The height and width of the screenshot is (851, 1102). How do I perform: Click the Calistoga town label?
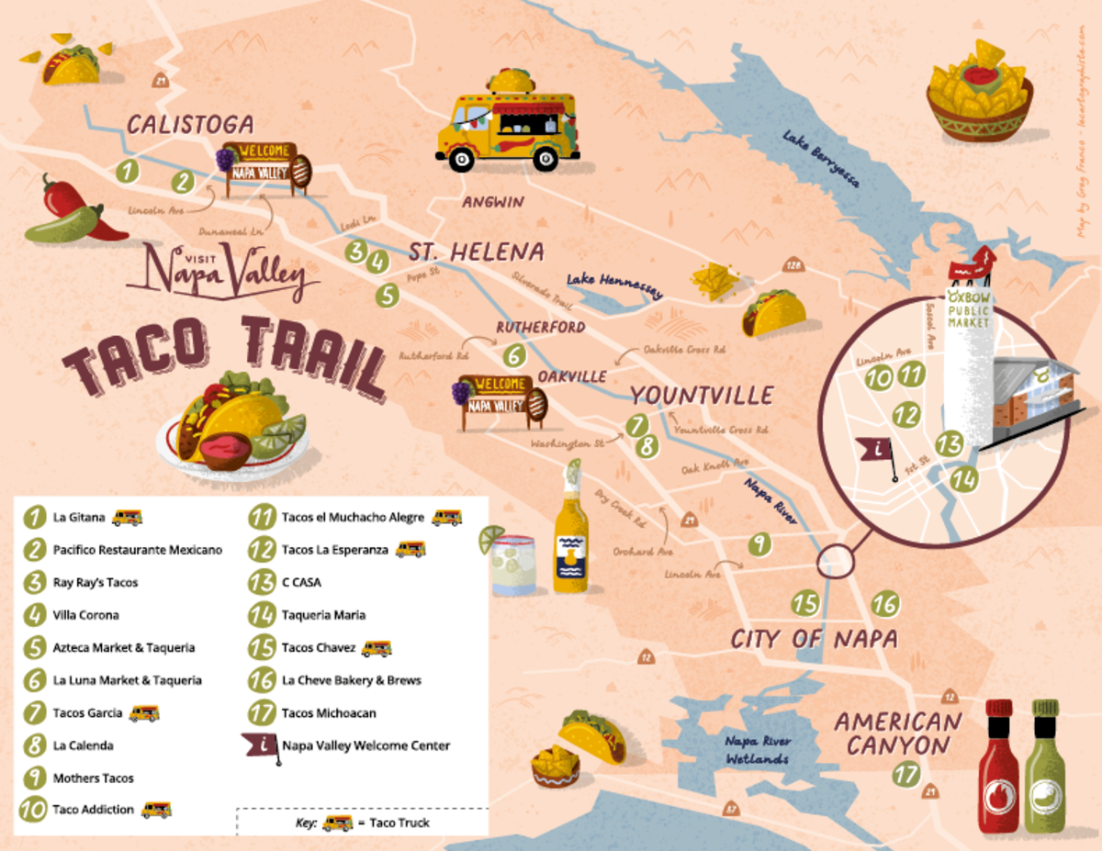point(189,125)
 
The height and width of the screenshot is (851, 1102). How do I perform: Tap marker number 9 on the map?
point(759,544)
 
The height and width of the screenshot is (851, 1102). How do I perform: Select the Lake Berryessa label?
point(821,158)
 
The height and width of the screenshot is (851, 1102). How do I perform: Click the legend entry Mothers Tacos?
point(93,778)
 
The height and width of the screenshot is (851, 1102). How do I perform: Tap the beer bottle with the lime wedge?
point(570,532)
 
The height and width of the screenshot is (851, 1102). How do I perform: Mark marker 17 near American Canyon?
point(906,774)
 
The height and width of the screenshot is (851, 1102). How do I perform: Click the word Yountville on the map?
point(702,396)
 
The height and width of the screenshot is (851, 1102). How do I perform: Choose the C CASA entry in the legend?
point(301,582)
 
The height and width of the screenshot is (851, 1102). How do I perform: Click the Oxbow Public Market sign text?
point(968,311)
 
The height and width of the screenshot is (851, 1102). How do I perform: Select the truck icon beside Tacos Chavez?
point(377,648)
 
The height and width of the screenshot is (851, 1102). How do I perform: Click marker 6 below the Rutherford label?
point(513,354)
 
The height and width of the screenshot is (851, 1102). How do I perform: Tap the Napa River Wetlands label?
point(758,750)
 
